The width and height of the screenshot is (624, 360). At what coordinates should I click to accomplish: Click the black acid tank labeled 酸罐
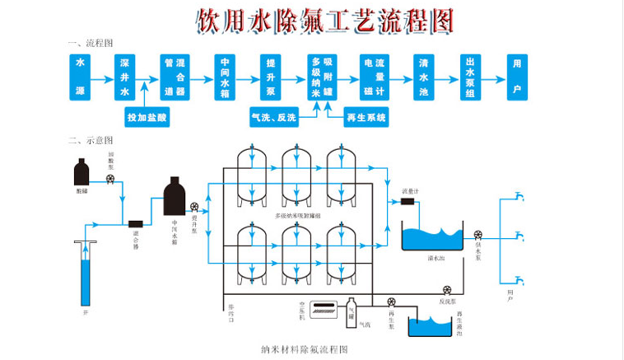pos(81,173)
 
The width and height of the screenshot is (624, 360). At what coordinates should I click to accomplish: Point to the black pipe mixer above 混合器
pos(137,222)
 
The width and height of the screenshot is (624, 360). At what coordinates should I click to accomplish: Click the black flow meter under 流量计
pos(407,202)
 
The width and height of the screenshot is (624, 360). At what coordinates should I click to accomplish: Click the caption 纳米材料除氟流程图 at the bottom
pos(305,349)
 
